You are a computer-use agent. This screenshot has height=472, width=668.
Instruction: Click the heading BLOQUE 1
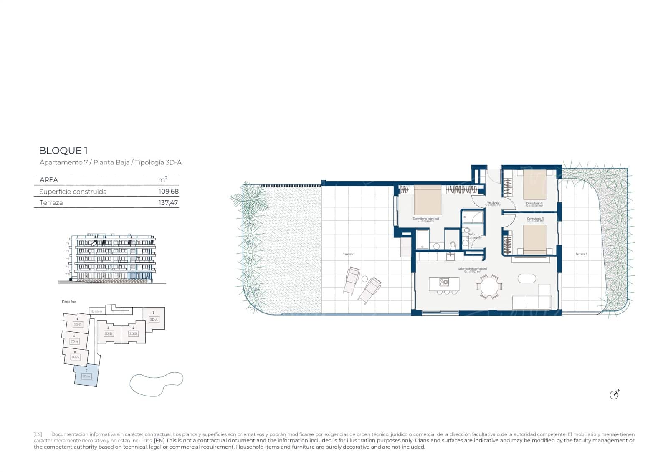tap(63, 151)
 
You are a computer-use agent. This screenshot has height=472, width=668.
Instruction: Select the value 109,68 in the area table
tap(169, 192)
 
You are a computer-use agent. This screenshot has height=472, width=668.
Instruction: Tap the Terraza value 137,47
tap(168, 203)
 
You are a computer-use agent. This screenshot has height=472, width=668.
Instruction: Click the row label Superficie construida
tap(73, 192)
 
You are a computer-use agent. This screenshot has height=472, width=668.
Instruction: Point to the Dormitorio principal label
tap(425, 219)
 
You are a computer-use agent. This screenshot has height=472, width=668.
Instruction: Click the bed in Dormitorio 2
tap(534, 184)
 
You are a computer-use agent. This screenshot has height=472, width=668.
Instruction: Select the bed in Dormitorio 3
tap(534, 240)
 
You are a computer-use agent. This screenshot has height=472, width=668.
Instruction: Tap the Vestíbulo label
tap(493, 203)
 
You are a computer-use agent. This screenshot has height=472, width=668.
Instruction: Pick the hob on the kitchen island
tap(443, 283)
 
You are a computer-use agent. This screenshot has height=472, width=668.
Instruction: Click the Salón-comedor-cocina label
tap(472, 269)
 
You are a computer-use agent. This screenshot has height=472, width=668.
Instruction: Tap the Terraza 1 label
tap(348, 254)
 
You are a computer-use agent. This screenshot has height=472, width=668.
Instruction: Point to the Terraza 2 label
tap(581, 254)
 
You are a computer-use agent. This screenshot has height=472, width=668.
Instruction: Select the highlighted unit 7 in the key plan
tap(86, 375)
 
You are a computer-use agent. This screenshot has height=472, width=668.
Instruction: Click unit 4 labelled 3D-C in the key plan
tap(77, 323)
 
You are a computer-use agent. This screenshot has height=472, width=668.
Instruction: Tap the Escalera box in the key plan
tap(97, 311)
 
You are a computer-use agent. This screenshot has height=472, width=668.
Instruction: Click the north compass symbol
tap(614, 394)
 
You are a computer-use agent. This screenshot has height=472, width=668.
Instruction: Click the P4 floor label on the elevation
tap(67, 243)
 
